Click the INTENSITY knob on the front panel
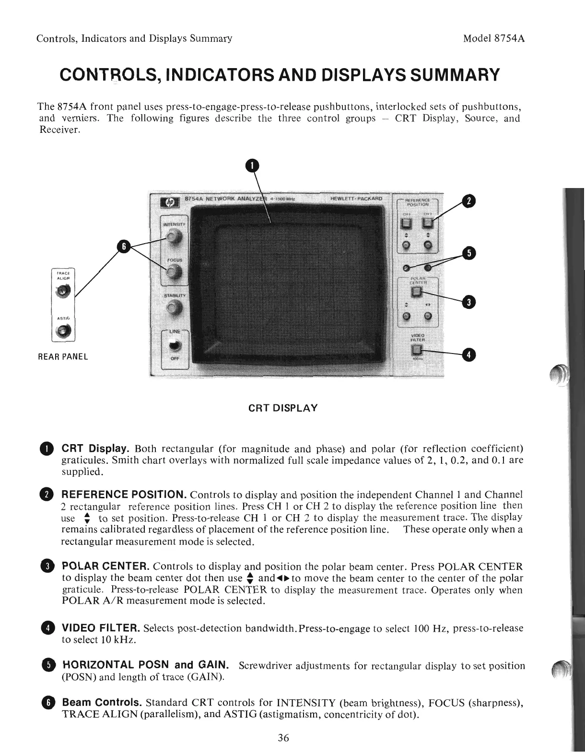(x=174, y=236)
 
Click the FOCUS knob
(x=174, y=273)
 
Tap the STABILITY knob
(x=174, y=308)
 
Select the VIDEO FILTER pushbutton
(x=417, y=349)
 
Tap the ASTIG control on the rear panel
(x=65, y=330)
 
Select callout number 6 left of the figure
(x=124, y=247)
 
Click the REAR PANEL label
(x=63, y=357)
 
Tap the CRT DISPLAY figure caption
(x=283, y=408)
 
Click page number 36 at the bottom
(x=283, y=738)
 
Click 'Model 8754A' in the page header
(x=494, y=38)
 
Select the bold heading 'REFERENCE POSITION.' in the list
(x=124, y=495)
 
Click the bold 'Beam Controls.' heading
(x=102, y=703)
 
